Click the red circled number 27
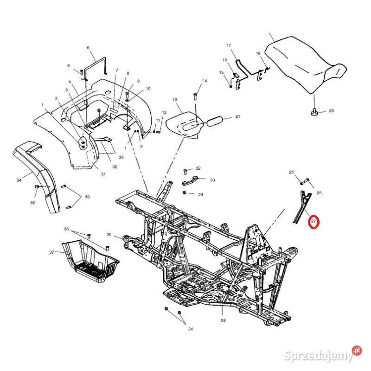point(314,223)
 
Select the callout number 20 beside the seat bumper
point(331,111)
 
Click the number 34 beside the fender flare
point(19,180)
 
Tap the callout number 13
point(175,100)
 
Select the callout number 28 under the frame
point(223,320)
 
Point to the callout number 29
point(109,235)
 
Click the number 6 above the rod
point(88,48)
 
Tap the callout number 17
point(228,45)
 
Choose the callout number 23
point(212,179)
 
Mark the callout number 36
point(66,229)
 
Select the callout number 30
point(87,197)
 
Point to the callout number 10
point(148,89)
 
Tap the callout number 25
point(291,172)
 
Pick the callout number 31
point(103,174)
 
